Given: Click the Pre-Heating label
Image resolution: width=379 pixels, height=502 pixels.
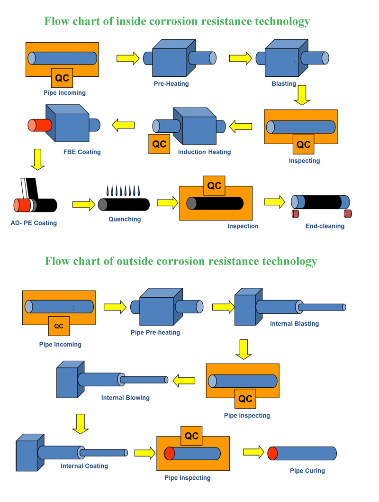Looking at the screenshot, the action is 171,83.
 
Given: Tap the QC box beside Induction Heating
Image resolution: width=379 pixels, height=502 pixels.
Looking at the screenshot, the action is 159,144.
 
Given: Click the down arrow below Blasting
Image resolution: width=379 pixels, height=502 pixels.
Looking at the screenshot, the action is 302,95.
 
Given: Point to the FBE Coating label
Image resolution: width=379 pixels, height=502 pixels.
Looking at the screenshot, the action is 82,152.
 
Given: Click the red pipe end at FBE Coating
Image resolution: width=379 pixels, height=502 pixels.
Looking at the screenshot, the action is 40,125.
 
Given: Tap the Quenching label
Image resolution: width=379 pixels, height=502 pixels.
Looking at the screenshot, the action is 125,219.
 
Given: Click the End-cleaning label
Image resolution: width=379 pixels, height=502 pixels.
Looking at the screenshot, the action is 325,226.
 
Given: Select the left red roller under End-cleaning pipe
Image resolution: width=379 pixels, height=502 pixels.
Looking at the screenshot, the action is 295,213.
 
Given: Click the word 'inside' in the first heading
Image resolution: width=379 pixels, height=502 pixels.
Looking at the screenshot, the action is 130,21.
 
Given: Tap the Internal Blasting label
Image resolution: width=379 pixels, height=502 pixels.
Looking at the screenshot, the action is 294,324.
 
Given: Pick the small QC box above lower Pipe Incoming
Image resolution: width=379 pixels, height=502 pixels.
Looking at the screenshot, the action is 59,326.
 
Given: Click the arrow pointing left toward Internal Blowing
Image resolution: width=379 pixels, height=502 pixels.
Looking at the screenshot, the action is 184,381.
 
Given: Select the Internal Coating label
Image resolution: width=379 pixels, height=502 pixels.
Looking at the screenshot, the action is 84,466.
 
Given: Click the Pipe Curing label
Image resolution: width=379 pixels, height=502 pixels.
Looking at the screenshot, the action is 307,471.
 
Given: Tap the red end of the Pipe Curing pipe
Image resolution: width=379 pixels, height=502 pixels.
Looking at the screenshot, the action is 272,453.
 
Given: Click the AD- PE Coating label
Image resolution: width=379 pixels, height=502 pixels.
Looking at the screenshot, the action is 34,223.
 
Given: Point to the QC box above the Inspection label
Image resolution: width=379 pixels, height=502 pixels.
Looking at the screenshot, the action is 214,185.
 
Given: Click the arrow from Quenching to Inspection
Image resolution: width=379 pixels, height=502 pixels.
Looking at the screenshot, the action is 168,203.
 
